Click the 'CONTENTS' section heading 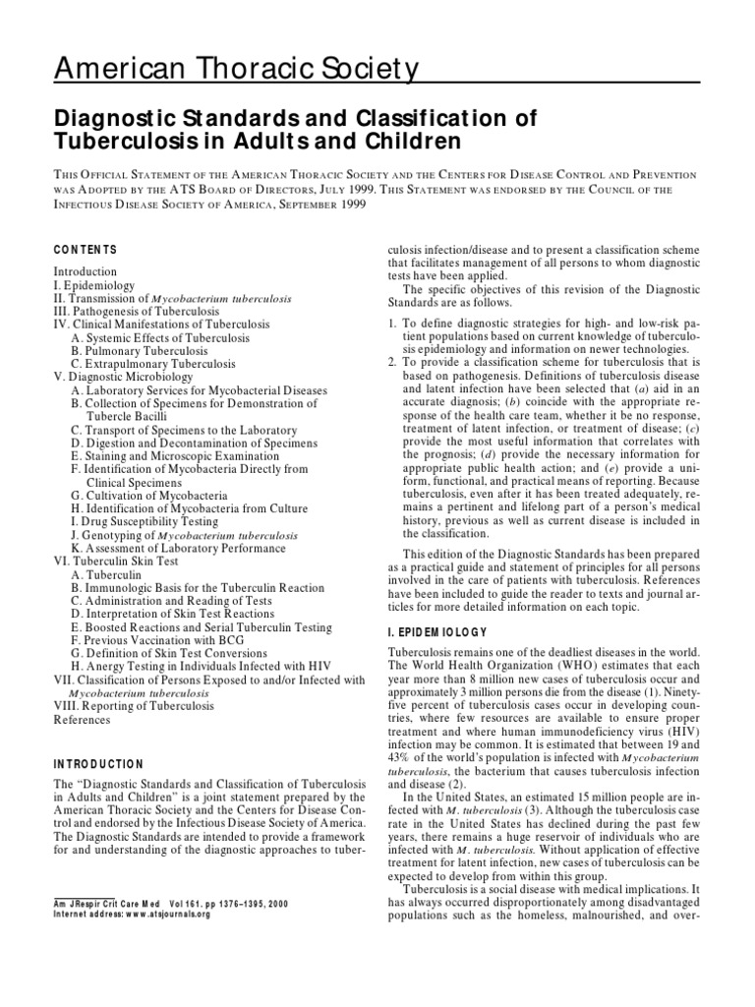[86, 250]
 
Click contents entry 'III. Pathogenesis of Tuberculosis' [137, 311]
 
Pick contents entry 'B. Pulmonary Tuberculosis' [140, 350]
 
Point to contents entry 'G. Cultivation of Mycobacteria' [149, 496]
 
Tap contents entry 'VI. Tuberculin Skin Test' [117, 562]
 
